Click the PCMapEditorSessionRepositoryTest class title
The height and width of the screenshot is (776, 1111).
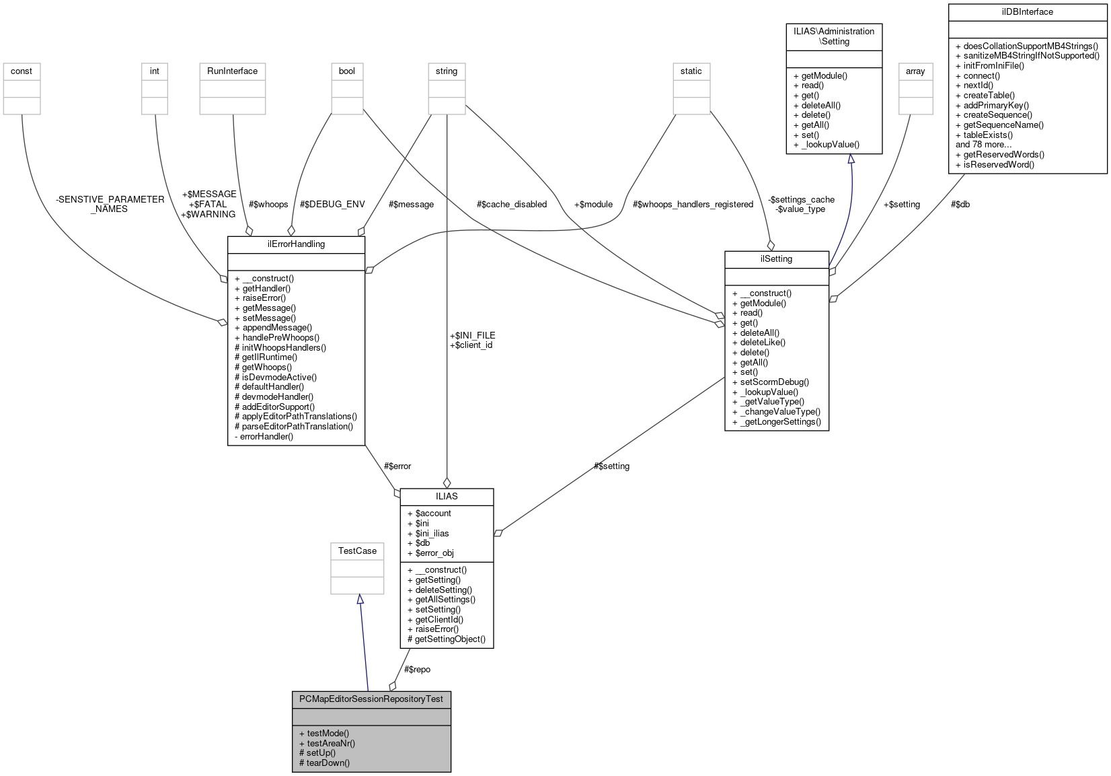click(x=371, y=699)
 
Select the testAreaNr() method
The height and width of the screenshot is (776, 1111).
click(x=330, y=743)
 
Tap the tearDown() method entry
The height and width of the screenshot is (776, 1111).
click(x=328, y=763)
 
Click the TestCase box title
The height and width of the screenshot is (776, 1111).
click(x=357, y=551)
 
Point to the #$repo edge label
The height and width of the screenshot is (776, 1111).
click(x=417, y=669)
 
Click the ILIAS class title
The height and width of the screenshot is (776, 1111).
click(x=447, y=496)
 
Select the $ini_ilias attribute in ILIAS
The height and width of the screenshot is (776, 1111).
click(x=432, y=533)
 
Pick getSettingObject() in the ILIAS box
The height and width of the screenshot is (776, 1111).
click(x=449, y=639)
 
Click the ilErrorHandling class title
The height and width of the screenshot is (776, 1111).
click(x=296, y=244)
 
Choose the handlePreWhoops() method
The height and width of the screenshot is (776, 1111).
click(x=280, y=337)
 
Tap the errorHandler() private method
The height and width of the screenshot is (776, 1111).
click(x=266, y=436)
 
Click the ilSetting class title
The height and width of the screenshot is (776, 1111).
click(x=776, y=258)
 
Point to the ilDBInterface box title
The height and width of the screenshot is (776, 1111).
click(x=1027, y=11)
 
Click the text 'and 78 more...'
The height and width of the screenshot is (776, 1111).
click(x=983, y=144)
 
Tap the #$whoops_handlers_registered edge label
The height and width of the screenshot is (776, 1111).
click(x=693, y=204)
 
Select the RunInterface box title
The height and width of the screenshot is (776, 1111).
click(x=232, y=71)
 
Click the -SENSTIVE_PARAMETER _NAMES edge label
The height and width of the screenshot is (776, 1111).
click(x=110, y=204)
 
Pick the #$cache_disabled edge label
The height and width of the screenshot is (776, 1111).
click(x=511, y=204)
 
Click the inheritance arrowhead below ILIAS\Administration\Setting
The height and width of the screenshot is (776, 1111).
click(x=851, y=159)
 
